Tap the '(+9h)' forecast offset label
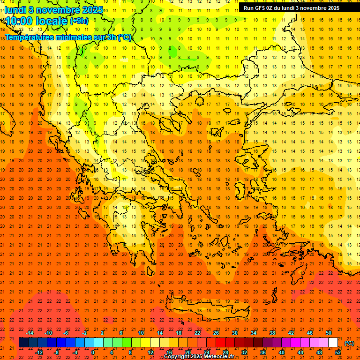click(x=78, y=21)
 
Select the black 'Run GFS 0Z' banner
click(x=295, y=8)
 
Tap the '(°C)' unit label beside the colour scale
click(x=349, y=343)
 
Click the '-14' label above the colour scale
click(x=30, y=333)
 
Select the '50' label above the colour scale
click(x=329, y=333)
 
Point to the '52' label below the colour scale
click(x=338, y=352)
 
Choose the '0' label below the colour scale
click(x=93, y=352)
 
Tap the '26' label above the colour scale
click(x=216, y=333)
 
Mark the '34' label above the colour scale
click(x=254, y=333)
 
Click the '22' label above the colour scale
click(x=197, y=333)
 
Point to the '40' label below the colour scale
click(x=282, y=352)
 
